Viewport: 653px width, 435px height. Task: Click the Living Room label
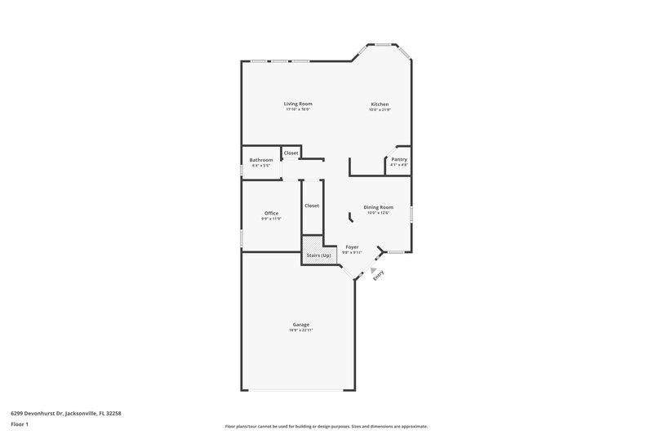(298, 104)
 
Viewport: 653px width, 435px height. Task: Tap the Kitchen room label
(380, 104)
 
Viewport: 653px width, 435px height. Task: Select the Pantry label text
(399, 159)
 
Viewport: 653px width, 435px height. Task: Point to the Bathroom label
(261, 159)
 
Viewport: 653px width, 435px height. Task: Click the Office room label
(271, 213)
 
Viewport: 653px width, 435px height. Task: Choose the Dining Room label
(379, 206)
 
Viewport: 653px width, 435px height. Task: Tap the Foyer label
(352, 246)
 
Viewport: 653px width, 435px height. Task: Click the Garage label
(301, 324)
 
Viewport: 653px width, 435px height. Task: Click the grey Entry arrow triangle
(374, 269)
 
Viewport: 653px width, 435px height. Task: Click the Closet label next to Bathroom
(291, 153)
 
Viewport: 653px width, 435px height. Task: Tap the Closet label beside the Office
(312, 206)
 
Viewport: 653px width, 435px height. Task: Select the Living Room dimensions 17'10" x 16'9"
(298, 110)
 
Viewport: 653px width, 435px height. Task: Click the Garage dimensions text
(301, 331)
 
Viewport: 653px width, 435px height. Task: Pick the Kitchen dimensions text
(380, 110)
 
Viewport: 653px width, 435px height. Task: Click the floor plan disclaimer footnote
(326, 426)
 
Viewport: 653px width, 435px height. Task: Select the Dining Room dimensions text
(379, 213)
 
